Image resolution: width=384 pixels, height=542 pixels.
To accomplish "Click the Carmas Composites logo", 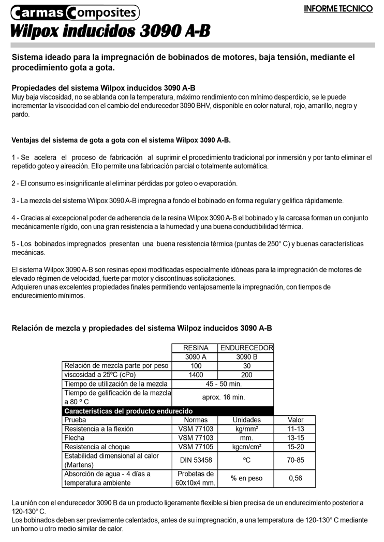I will [75, 11].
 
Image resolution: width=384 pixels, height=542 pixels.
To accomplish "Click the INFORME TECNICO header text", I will [338, 9].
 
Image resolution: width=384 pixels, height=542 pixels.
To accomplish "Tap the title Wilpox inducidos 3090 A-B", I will [110, 31].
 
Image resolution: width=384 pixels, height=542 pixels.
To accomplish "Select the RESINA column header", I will [196, 348].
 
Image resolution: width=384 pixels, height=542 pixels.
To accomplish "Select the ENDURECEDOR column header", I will [246, 348].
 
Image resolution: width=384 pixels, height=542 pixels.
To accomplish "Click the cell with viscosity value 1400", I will [196, 375].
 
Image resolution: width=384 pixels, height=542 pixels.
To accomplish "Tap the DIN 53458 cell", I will [196, 460].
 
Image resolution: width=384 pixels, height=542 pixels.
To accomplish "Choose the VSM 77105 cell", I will [196, 447].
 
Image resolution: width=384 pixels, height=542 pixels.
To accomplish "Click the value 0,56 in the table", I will [295, 478].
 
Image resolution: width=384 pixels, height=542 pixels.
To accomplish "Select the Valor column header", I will [296, 420].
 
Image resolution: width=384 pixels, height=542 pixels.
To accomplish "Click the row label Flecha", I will [75, 438].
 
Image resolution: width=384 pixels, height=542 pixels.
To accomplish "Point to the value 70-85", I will [296, 460].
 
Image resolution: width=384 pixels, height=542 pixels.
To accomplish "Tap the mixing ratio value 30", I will [246, 366].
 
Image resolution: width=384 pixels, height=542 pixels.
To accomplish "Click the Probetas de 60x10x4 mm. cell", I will [196, 478].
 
